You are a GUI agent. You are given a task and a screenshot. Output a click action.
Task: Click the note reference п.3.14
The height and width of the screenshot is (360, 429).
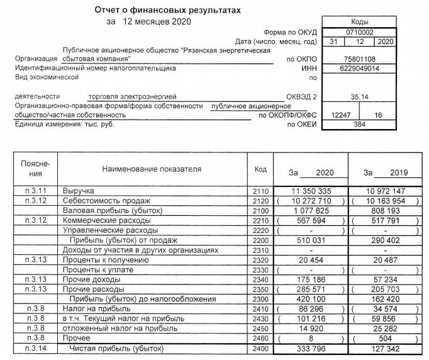click(x=30, y=348)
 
